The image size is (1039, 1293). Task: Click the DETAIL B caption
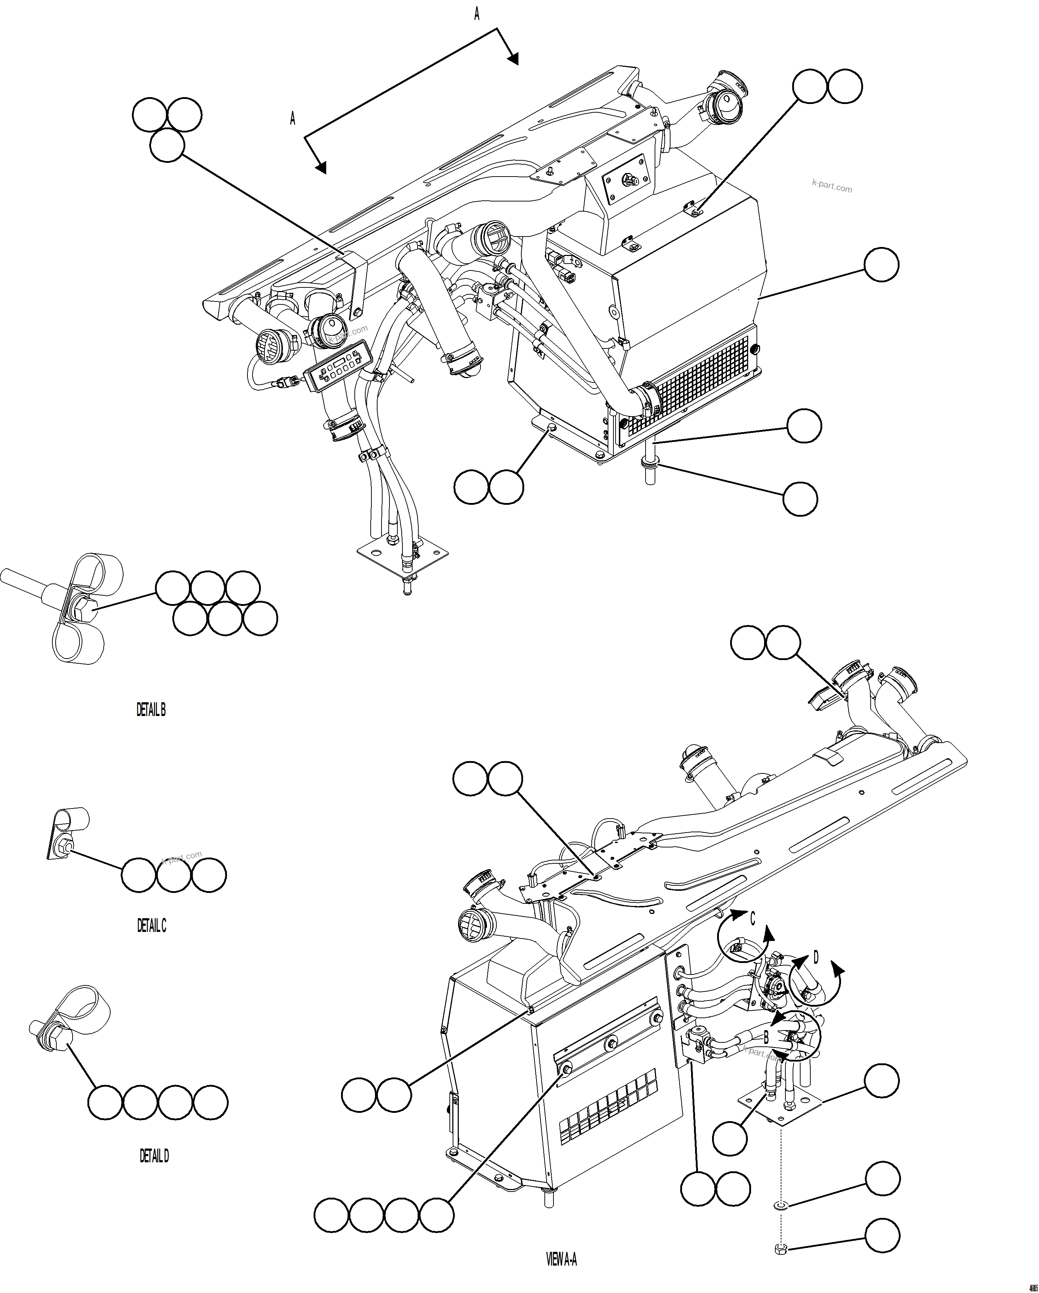[151, 710]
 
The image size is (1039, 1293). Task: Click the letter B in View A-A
[766, 1037]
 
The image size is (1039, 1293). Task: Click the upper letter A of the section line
[477, 14]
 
